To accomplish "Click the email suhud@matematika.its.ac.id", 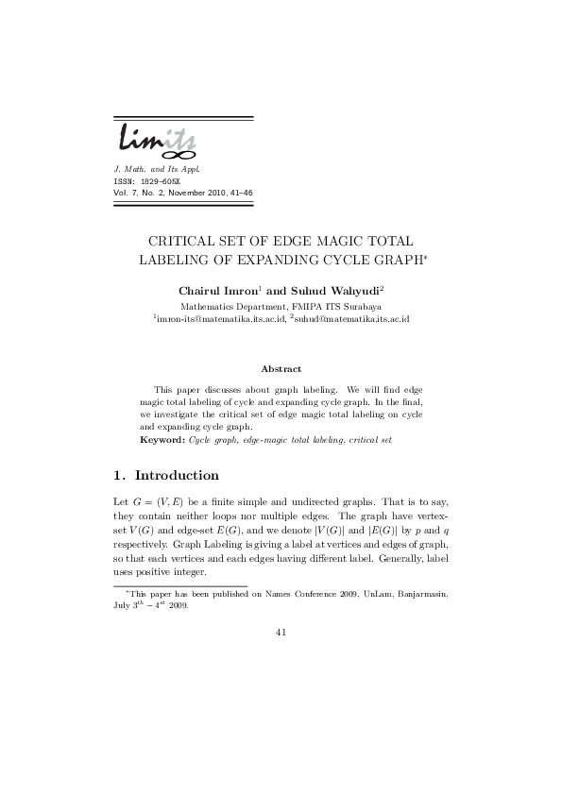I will point(360,320).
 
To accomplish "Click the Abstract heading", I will point(281,369).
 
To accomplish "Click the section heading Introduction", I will point(177,475).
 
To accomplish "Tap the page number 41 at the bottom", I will point(281,633).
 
